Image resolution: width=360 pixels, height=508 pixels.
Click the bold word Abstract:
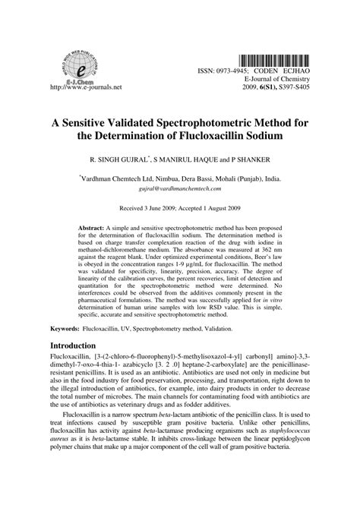(93, 227)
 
